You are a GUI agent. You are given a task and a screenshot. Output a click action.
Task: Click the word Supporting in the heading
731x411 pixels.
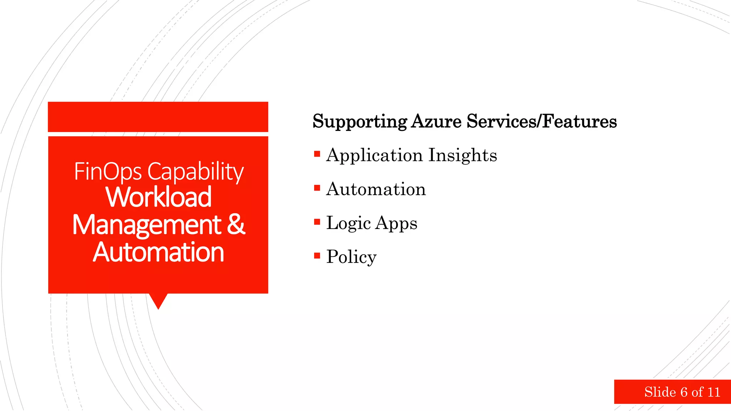359,122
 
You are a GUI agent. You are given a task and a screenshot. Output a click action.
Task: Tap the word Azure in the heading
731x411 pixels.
436,121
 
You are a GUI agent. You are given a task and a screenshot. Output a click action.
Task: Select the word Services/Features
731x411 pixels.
541,121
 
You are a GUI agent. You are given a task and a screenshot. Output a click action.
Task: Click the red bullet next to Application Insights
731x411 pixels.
317,154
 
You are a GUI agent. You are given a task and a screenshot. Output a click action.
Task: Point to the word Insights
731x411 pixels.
463,155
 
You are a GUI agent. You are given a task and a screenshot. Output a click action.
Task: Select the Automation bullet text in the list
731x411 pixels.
376,189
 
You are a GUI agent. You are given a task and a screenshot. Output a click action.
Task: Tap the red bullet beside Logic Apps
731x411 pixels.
317,222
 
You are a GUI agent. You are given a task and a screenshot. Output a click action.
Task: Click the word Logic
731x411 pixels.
348,223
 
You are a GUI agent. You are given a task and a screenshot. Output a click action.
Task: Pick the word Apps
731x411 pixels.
396,224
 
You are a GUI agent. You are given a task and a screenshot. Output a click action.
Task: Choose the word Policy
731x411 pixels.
351,257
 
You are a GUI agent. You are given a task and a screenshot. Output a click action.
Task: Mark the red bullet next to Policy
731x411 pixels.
317,255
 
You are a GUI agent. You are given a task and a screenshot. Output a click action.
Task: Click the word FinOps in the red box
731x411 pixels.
108,172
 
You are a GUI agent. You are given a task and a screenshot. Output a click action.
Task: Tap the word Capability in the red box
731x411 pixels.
196,172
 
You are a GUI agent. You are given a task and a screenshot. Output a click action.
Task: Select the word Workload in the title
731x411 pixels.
158,197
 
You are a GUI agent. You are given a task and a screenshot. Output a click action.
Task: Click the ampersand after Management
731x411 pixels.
236,224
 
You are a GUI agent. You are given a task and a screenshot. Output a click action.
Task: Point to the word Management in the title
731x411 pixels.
146,225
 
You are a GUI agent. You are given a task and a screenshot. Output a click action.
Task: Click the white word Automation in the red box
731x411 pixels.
158,252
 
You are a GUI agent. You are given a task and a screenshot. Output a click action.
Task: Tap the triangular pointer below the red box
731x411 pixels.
158,300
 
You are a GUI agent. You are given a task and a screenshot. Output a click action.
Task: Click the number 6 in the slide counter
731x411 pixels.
684,392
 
